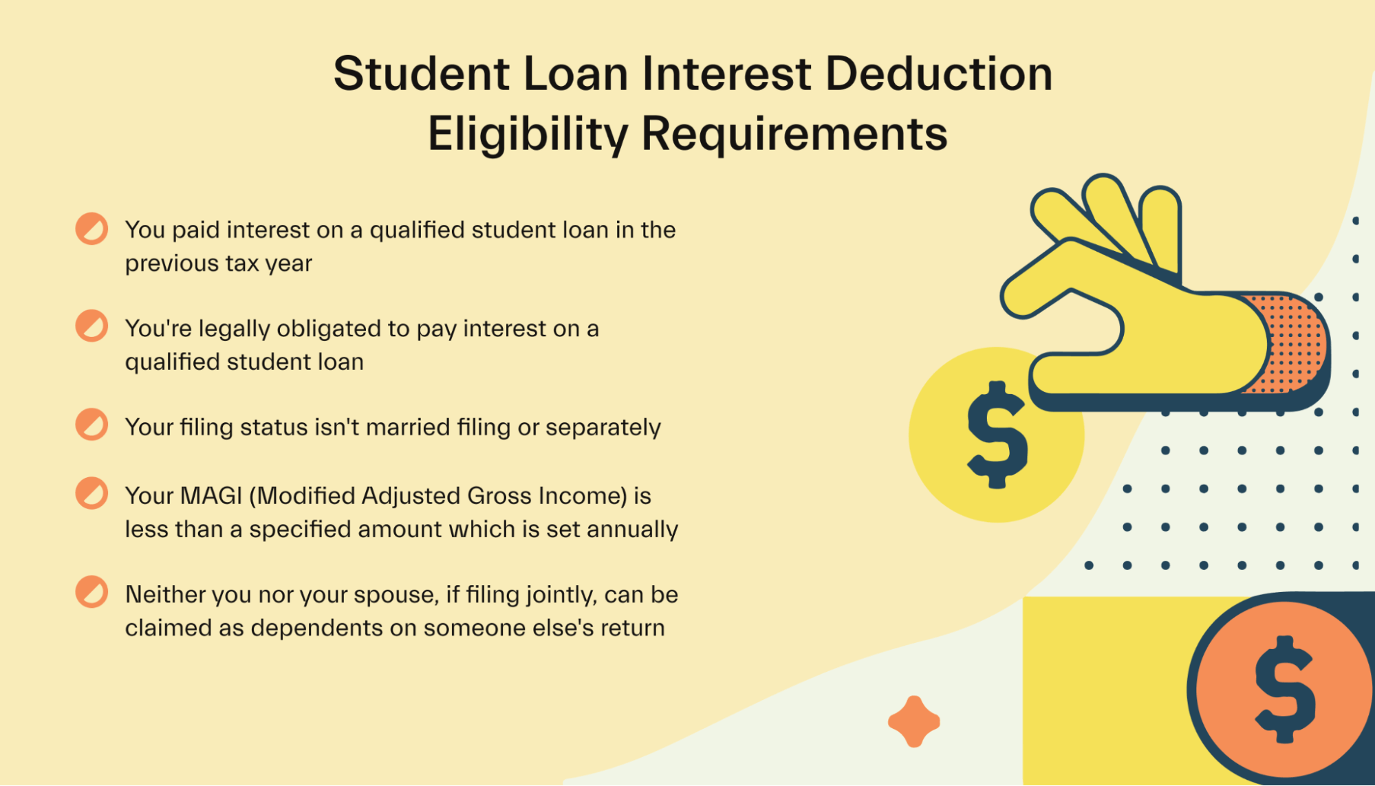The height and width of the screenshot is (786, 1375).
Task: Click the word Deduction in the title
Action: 939,74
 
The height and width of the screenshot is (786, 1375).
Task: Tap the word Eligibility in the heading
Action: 528,134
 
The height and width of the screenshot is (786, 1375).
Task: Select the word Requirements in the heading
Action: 794,135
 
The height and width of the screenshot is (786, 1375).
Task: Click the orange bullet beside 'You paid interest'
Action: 91,229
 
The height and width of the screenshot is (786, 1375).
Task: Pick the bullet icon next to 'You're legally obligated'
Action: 91,326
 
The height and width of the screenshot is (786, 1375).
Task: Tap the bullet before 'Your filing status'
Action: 91,424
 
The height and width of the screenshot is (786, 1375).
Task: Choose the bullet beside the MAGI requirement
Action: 91,493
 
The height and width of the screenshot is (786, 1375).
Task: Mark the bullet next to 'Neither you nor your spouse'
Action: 91,591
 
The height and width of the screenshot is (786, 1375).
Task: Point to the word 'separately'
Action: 603,428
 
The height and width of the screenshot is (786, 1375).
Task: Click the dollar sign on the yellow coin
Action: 997,435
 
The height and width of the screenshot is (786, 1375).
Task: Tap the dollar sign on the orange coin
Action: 1286,689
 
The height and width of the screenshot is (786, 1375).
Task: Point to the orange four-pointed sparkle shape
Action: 914,721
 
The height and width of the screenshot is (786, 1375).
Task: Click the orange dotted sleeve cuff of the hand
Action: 1286,344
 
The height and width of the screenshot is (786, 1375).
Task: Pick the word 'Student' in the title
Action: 422,74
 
